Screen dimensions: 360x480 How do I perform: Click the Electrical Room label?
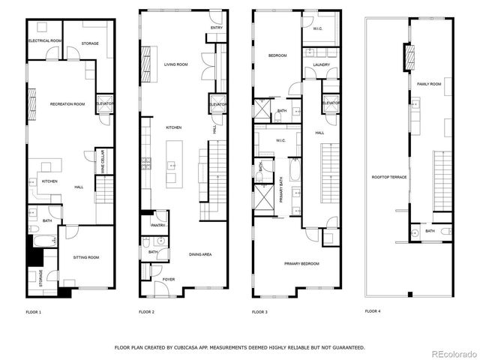(x=44, y=40)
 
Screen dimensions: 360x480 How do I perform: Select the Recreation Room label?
(x=67, y=103)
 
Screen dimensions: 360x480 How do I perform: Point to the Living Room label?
(x=175, y=64)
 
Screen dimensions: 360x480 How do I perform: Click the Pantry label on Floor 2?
(x=158, y=225)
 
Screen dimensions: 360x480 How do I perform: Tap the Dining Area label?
(x=199, y=254)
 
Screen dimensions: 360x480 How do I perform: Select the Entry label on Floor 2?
(x=216, y=28)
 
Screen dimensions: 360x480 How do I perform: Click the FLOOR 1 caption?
(x=34, y=311)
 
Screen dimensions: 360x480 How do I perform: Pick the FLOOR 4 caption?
(x=373, y=310)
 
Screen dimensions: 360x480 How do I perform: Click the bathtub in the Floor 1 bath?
(x=41, y=242)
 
